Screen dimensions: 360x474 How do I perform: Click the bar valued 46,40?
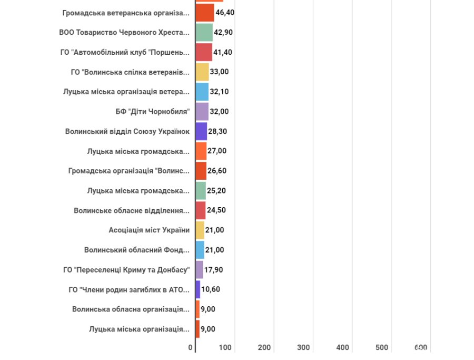(205, 13)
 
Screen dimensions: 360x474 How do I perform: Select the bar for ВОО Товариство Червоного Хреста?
(204, 32)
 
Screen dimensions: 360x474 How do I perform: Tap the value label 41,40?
(224, 52)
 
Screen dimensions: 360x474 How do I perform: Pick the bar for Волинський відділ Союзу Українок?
(201, 131)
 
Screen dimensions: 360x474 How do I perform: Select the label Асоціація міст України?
(149, 230)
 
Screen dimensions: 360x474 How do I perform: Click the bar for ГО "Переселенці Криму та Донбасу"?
(199, 270)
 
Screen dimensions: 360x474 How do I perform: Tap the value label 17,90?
(213, 270)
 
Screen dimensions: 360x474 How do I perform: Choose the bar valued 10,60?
(198, 289)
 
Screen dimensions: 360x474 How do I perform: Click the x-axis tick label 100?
(225, 348)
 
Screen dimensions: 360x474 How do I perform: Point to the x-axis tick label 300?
(303, 348)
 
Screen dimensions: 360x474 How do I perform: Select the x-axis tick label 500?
(382, 348)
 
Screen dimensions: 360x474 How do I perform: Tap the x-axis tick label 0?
(191, 348)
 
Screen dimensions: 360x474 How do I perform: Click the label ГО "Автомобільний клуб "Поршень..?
(125, 52)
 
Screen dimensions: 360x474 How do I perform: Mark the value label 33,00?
(219, 72)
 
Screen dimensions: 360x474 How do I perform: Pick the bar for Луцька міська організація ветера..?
(202, 92)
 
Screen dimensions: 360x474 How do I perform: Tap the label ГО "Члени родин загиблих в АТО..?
(130, 289)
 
